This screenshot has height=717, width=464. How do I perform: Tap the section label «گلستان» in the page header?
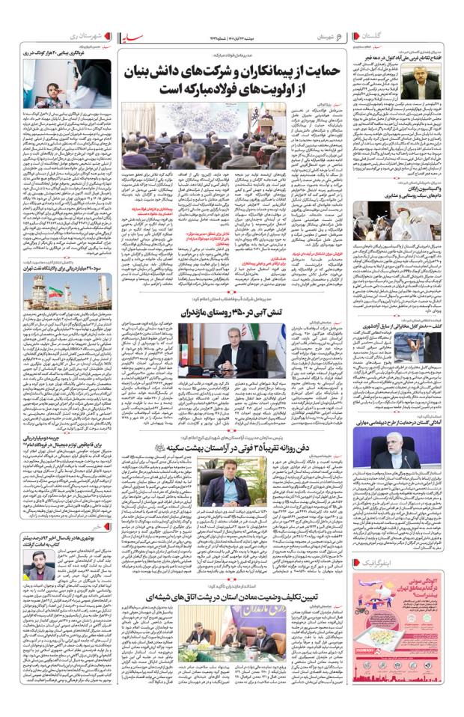436,35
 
